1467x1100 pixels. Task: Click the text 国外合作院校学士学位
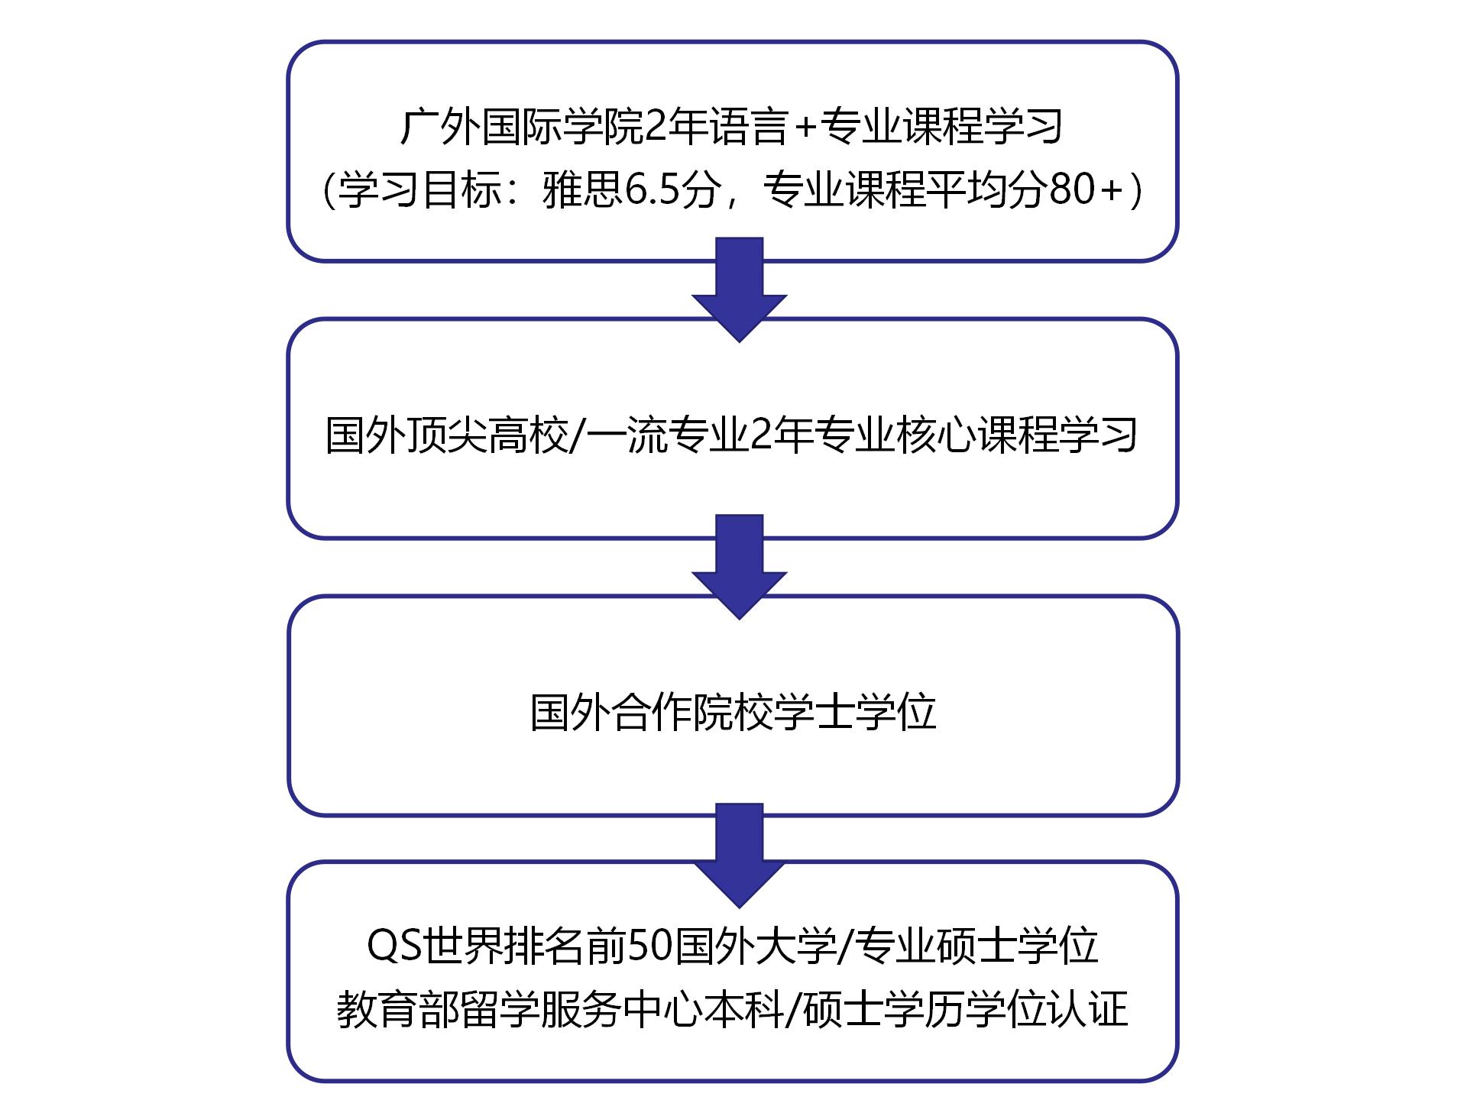pyautogui.click(x=733, y=713)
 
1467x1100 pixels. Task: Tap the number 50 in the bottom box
pyautogui.click(x=647, y=946)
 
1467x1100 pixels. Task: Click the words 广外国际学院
pyautogui.click(x=522, y=127)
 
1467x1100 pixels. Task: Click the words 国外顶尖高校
pyautogui.click(x=448, y=435)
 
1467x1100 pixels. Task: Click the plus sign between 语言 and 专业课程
pyautogui.click(x=806, y=127)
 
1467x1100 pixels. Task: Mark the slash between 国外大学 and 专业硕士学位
pyautogui.click(x=846, y=946)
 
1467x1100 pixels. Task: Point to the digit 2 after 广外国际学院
pyautogui.click(x=656, y=127)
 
